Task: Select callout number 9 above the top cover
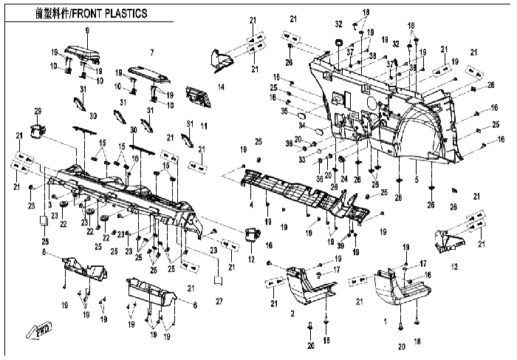click(x=87, y=30)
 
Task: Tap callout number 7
click(x=151, y=52)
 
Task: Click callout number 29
click(x=37, y=111)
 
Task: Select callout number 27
click(x=219, y=302)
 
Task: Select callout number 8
click(x=44, y=253)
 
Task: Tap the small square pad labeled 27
click(x=219, y=281)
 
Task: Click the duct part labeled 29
click(x=37, y=131)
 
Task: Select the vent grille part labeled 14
click(x=198, y=95)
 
